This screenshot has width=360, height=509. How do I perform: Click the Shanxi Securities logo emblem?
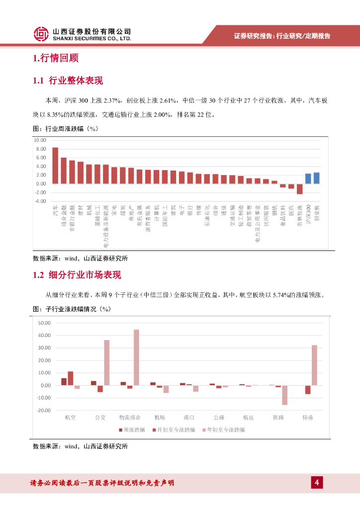41,34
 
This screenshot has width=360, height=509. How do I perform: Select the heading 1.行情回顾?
56,58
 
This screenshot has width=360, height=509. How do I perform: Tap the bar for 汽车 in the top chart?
55,166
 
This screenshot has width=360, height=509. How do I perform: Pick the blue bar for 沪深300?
308,178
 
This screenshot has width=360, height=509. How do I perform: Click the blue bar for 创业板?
316,178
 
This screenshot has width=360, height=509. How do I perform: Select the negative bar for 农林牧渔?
299,189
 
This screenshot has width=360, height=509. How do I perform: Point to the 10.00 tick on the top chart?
40,140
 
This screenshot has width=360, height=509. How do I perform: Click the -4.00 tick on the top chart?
40,201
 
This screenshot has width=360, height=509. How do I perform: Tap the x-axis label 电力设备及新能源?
106,226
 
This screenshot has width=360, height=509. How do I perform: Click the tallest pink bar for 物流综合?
136,357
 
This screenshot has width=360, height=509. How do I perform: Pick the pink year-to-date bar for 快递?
314,365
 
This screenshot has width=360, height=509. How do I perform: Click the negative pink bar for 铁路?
284,395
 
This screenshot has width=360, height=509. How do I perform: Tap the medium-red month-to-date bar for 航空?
71,378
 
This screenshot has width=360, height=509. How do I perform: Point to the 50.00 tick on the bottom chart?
44,323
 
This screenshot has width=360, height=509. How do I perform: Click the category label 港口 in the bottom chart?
189,417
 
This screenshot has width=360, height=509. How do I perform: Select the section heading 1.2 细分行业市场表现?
77,275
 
